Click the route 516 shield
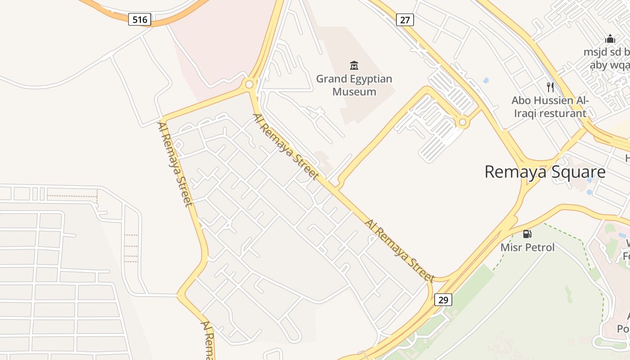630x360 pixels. [139, 19]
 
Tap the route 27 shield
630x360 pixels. [405, 19]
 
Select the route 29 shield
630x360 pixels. [443, 300]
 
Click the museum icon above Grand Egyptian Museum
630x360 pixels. [354, 66]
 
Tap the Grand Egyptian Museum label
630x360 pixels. [354, 85]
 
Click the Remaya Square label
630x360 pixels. [544, 172]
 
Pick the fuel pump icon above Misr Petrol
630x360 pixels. [527, 234]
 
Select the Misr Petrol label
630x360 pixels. [527, 247]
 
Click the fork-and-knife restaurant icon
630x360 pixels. [550, 87]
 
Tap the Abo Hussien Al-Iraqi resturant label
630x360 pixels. [550, 107]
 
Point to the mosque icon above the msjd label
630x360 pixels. [610, 39]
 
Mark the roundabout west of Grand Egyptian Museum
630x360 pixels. [249, 84]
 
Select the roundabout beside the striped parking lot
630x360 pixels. [462, 122]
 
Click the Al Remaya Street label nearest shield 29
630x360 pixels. [400, 251]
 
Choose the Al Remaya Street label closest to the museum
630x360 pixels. [286, 147]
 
